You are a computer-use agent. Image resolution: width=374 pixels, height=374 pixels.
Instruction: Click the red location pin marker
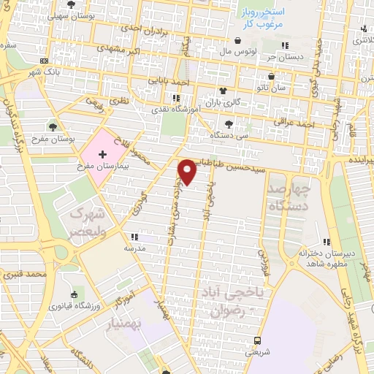pyautogui.click(x=188, y=171)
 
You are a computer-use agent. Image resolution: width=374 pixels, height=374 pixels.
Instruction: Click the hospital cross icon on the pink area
pyautogui.click(x=102, y=155)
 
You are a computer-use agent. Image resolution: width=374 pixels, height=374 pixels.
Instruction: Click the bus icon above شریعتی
pyautogui.click(x=257, y=340)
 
